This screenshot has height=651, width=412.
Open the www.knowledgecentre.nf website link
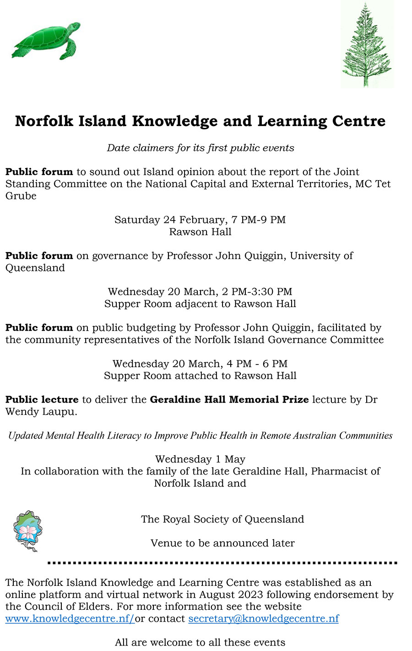[x=70, y=618]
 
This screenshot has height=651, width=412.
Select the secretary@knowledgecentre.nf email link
[x=264, y=618]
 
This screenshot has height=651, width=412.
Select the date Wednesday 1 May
[x=200, y=459]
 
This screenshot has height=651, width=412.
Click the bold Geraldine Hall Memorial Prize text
[x=229, y=399]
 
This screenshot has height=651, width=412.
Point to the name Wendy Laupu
[x=39, y=411]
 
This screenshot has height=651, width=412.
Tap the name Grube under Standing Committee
[x=21, y=196]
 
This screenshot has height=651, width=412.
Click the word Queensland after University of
[x=35, y=268]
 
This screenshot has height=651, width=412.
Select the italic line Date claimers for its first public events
[x=200, y=148]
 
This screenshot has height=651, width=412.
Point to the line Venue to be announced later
[x=222, y=543]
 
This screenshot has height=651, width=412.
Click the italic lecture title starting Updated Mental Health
[x=200, y=435]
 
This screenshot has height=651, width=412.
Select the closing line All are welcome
[x=200, y=642]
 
